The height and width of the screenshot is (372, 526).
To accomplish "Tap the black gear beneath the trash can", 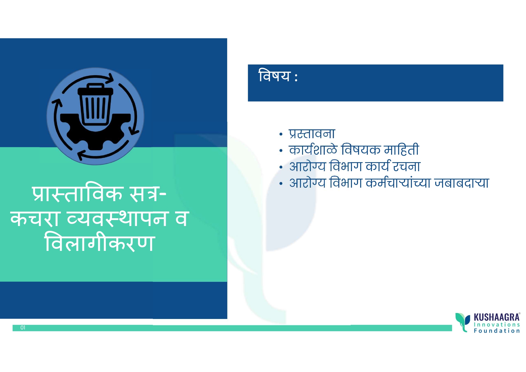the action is coord(96,132).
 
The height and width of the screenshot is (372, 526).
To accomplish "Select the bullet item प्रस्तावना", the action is coord(312,134).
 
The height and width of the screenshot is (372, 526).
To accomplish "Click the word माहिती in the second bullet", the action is coord(402,150).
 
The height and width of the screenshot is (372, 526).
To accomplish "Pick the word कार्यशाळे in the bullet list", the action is coord(313,150).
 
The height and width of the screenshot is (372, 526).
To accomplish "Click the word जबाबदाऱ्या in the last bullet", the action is coord(462,183).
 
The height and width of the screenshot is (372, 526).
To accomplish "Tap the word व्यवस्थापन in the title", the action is coord(117,219).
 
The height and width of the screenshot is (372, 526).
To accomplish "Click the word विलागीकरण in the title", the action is coord(99,243).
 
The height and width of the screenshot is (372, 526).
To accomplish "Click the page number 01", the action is coord(23,328).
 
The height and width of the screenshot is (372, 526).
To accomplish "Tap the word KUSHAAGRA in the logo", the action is coord(497,317).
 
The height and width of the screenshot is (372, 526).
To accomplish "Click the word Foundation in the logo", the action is coord(497,331).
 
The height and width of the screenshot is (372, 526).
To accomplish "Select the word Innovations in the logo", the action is coord(497,325).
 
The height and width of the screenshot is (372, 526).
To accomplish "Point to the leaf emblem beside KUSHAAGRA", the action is coord(463,322).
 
